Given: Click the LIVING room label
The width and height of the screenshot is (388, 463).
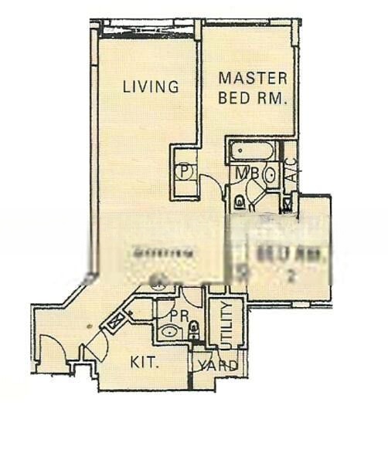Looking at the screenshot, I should [151, 86].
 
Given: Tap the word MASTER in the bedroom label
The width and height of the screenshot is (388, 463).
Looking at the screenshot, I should [253, 79].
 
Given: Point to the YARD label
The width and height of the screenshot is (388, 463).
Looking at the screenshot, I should [219, 365].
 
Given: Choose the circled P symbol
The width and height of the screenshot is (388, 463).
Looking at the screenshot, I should [185, 171].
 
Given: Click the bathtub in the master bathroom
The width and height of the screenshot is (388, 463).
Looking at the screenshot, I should [251, 151].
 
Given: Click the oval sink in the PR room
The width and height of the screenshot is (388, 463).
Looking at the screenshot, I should [168, 333].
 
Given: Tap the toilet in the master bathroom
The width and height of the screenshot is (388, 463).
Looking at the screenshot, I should [240, 202].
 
